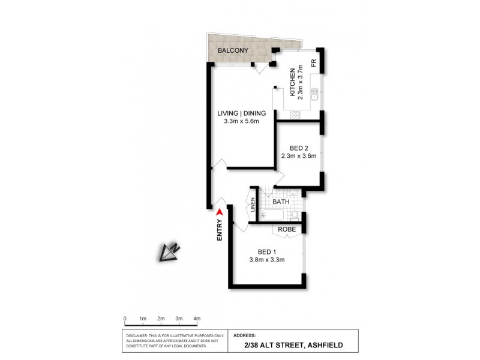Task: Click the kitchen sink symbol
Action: (313, 94)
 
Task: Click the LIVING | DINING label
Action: (241, 113)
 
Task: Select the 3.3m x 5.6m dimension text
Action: (241, 122)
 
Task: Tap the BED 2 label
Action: (298, 148)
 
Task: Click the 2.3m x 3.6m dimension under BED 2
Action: (298, 157)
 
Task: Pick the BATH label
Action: (281, 202)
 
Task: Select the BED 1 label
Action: (266, 251)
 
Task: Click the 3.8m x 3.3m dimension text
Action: (266, 260)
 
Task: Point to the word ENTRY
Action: (220, 230)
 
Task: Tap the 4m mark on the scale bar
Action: (196, 319)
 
